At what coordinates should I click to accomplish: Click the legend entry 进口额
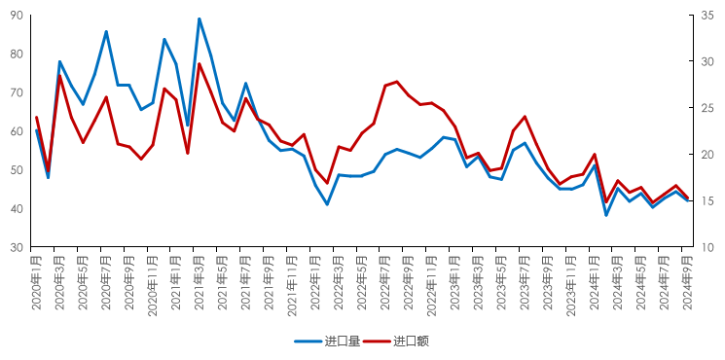[x=410, y=342]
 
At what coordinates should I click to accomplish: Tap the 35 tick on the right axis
[x=707, y=15]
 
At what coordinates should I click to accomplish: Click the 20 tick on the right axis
[x=707, y=155]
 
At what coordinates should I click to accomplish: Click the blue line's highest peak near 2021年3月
[x=199, y=18]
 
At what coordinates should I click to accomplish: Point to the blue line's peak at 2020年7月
[x=106, y=32]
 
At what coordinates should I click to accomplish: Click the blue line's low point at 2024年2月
[x=606, y=215]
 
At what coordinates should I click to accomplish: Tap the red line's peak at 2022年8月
[x=397, y=82]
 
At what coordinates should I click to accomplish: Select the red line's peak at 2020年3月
[x=60, y=75]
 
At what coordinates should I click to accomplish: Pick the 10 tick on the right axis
[x=707, y=248]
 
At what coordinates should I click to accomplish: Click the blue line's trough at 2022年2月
[x=327, y=204]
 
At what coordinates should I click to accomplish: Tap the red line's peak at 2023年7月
[x=525, y=117]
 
